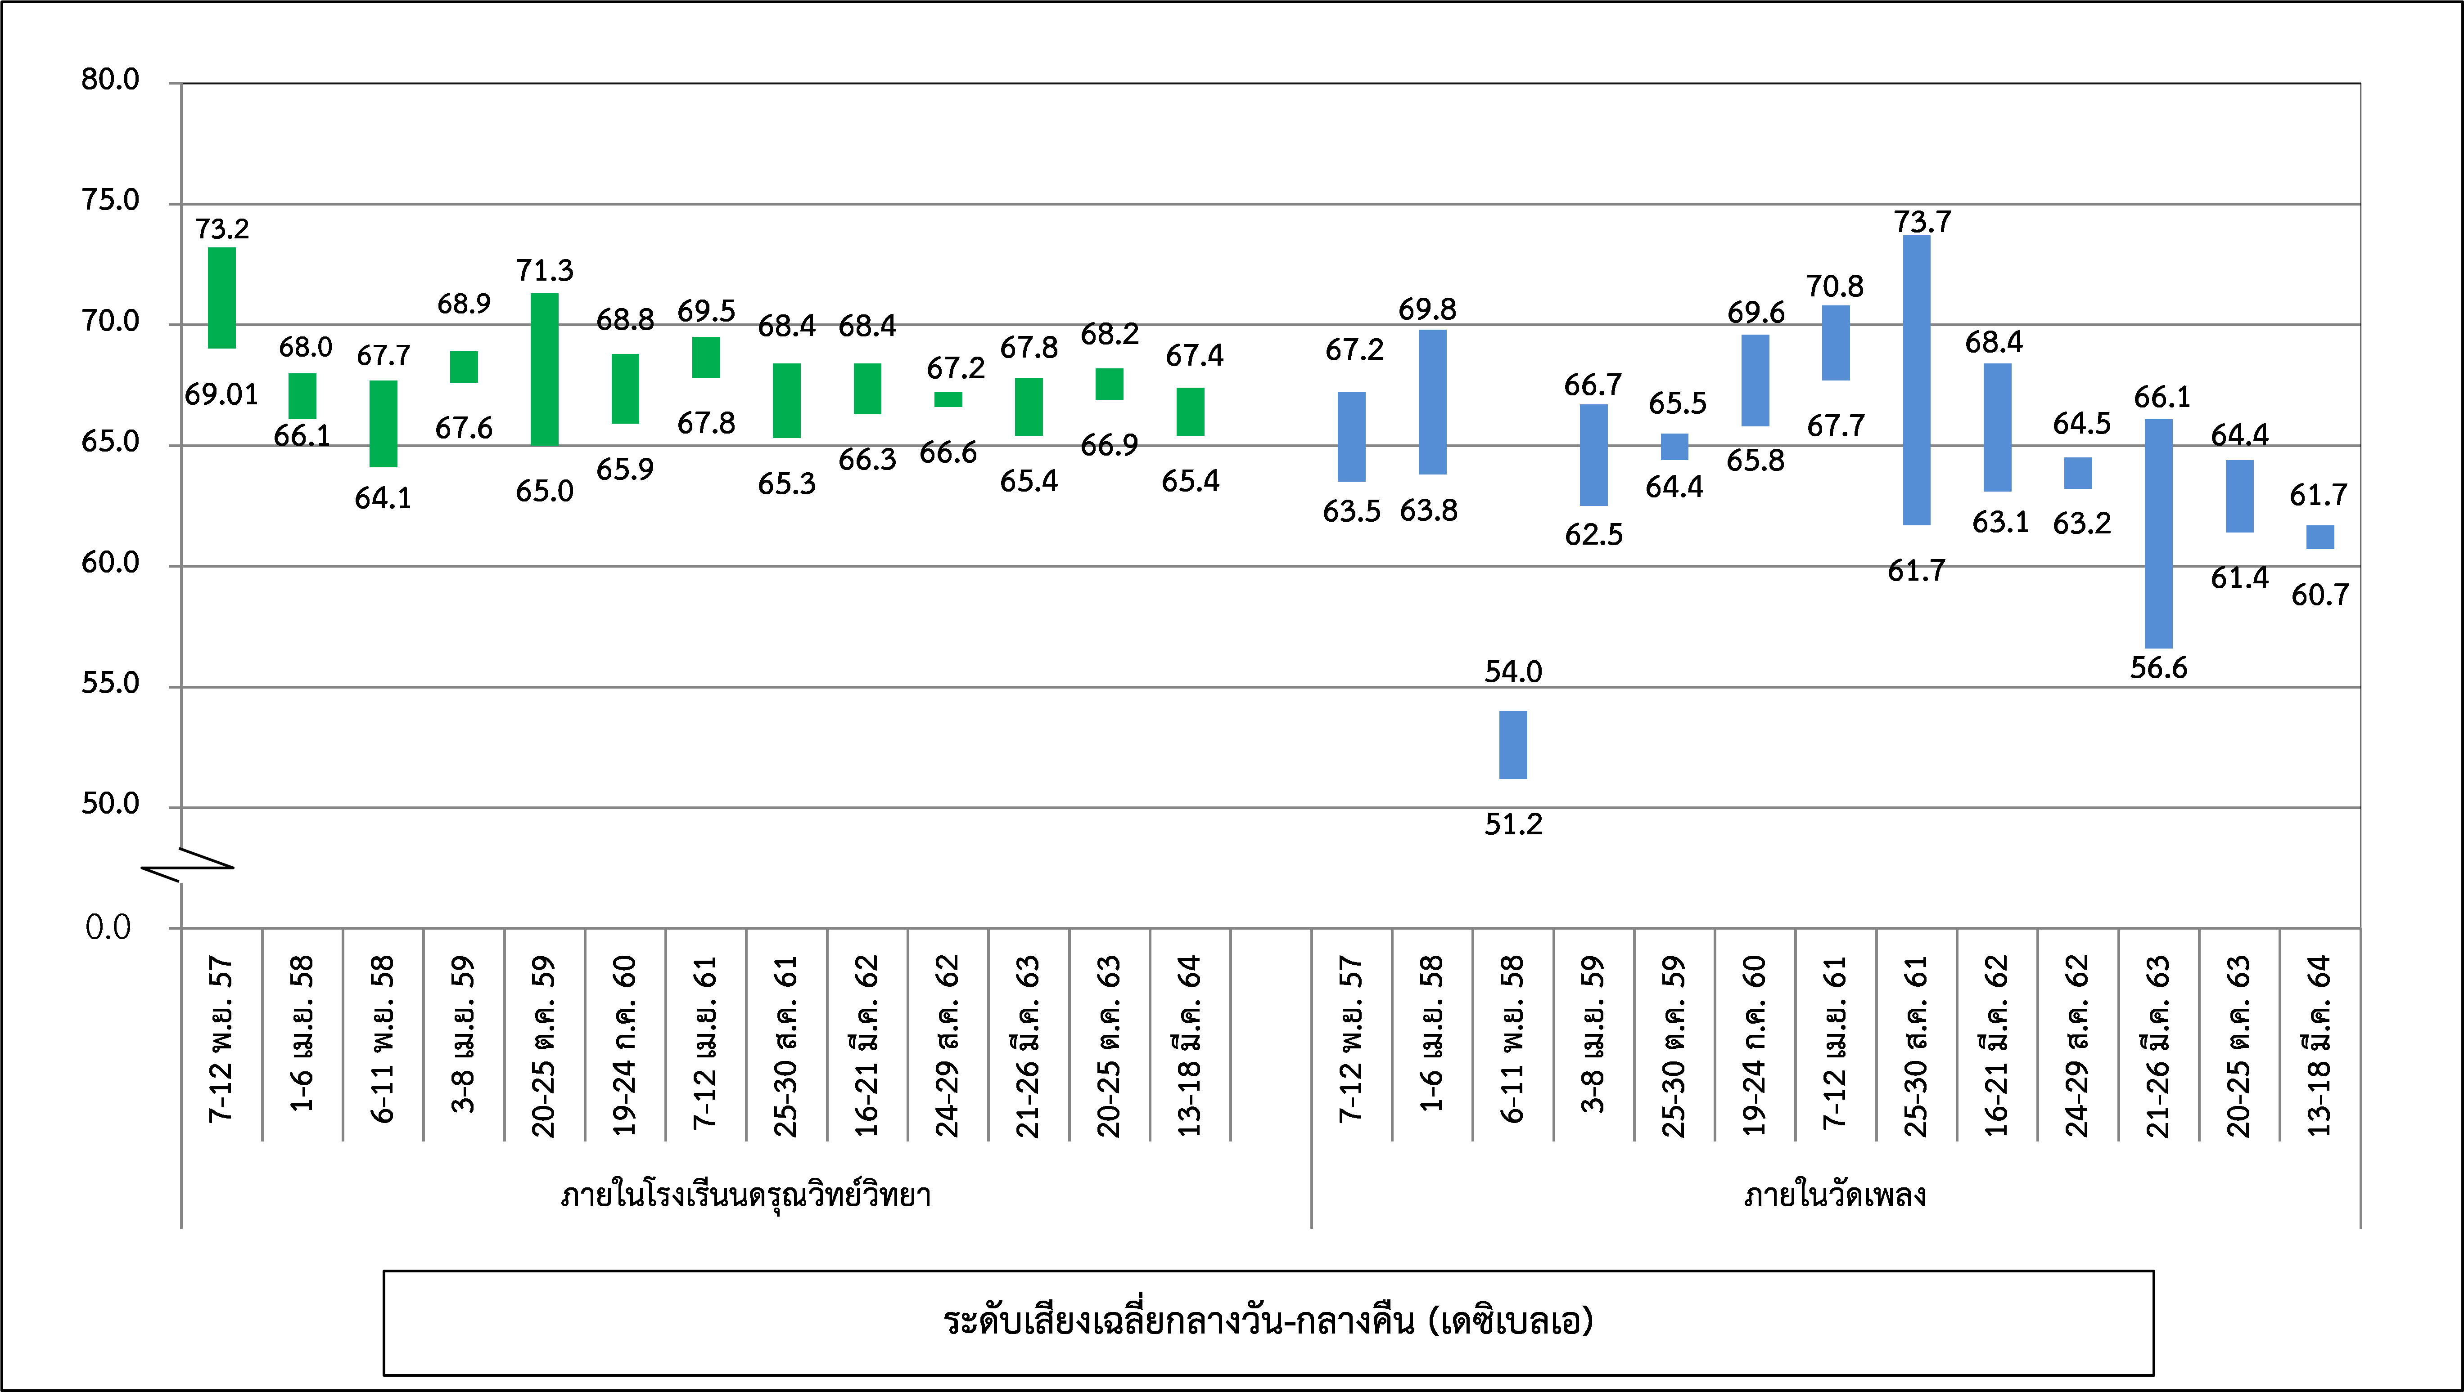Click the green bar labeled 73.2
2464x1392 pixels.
(222, 297)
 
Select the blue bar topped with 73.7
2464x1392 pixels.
(1917, 380)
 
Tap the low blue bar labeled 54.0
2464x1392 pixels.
(1513, 745)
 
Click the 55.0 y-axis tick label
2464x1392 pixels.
(110, 684)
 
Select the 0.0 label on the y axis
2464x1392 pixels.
(108, 927)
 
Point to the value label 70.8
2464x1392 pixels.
(1835, 286)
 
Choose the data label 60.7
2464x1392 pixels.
(2320, 595)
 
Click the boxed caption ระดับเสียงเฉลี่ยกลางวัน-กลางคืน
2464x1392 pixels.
(1268, 1321)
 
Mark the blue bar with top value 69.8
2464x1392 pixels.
(1432, 402)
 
